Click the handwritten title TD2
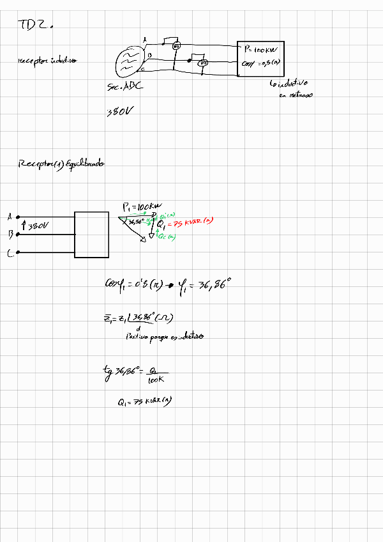pyautogui.click(x=34, y=25)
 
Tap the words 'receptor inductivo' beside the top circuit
pyautogui.click(x=47, y=61)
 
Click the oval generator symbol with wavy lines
pyautogui.click(x=128, y=63)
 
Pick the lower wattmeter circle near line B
pyautogui.click(x=203, y=63)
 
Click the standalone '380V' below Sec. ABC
pyautogui.click(x=120, y=112)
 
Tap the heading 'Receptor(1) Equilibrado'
pyautogui.click(x=61, y=164)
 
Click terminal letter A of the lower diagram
pyautogui.click(x=10, y=217)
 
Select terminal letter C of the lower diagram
pyautogui.click(x=10, y=254)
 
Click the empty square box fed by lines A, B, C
pyautogui.click(x=91, y=234)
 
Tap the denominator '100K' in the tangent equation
pyautogui.click(x=156, y=380)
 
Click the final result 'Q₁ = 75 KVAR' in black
pyautogui.click(x=146, y=401)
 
